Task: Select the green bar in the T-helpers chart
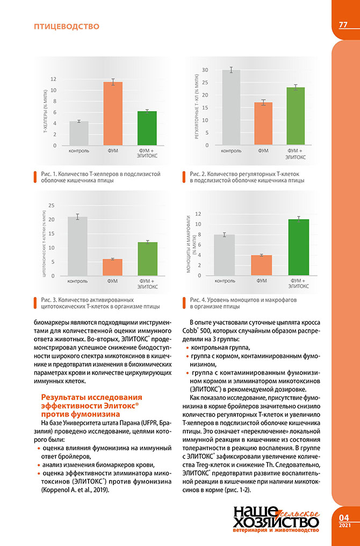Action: pos(147,128)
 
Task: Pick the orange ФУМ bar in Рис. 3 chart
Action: pos(113,267)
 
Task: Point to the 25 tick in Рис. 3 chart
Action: pos(52,206)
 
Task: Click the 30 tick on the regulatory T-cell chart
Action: pos(205,70)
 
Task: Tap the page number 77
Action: pos(343,25)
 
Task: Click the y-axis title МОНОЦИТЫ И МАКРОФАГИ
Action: pos(189,243)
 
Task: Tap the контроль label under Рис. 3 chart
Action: pos(78,281)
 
